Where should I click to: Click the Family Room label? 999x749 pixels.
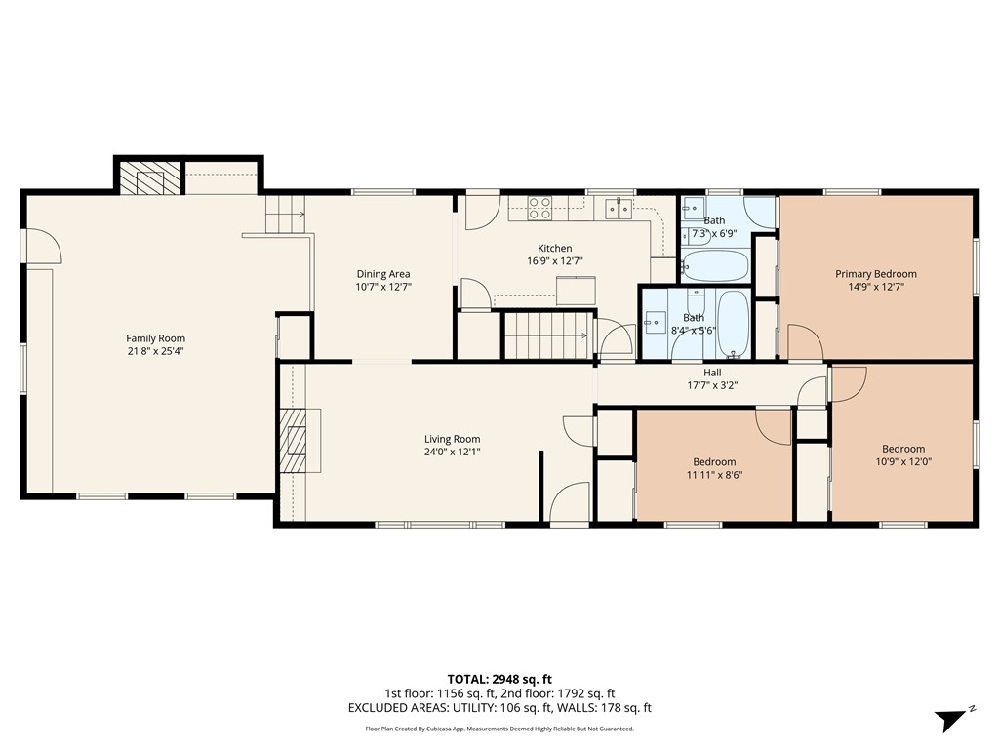click(155, 338)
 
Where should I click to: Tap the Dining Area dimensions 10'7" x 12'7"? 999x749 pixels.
click(383, 287)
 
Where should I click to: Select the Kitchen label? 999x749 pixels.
click(555, 248)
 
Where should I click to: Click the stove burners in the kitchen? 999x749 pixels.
click(539, 209)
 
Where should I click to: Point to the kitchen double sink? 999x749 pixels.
click(619, 209)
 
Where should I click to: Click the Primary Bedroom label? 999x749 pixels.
click(876, 274)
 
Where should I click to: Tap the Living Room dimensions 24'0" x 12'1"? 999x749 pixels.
click(453, 452)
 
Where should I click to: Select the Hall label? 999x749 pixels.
click(712, 373)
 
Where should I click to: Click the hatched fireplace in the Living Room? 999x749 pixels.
click(294, 440)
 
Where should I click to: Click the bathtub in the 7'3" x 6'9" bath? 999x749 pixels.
click(715, 266)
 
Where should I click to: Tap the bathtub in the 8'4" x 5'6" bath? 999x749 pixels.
click(734, 324)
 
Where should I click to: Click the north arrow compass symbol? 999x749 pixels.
click(952, 720)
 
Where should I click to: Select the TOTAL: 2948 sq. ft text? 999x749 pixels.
click(499, 679)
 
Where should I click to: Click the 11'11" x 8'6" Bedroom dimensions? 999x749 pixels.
click(714, 475)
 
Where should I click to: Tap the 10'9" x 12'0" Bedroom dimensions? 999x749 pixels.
click(903, 461)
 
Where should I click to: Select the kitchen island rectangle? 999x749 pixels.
click(576, 291)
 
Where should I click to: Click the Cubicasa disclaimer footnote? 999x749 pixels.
click(499, 729)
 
